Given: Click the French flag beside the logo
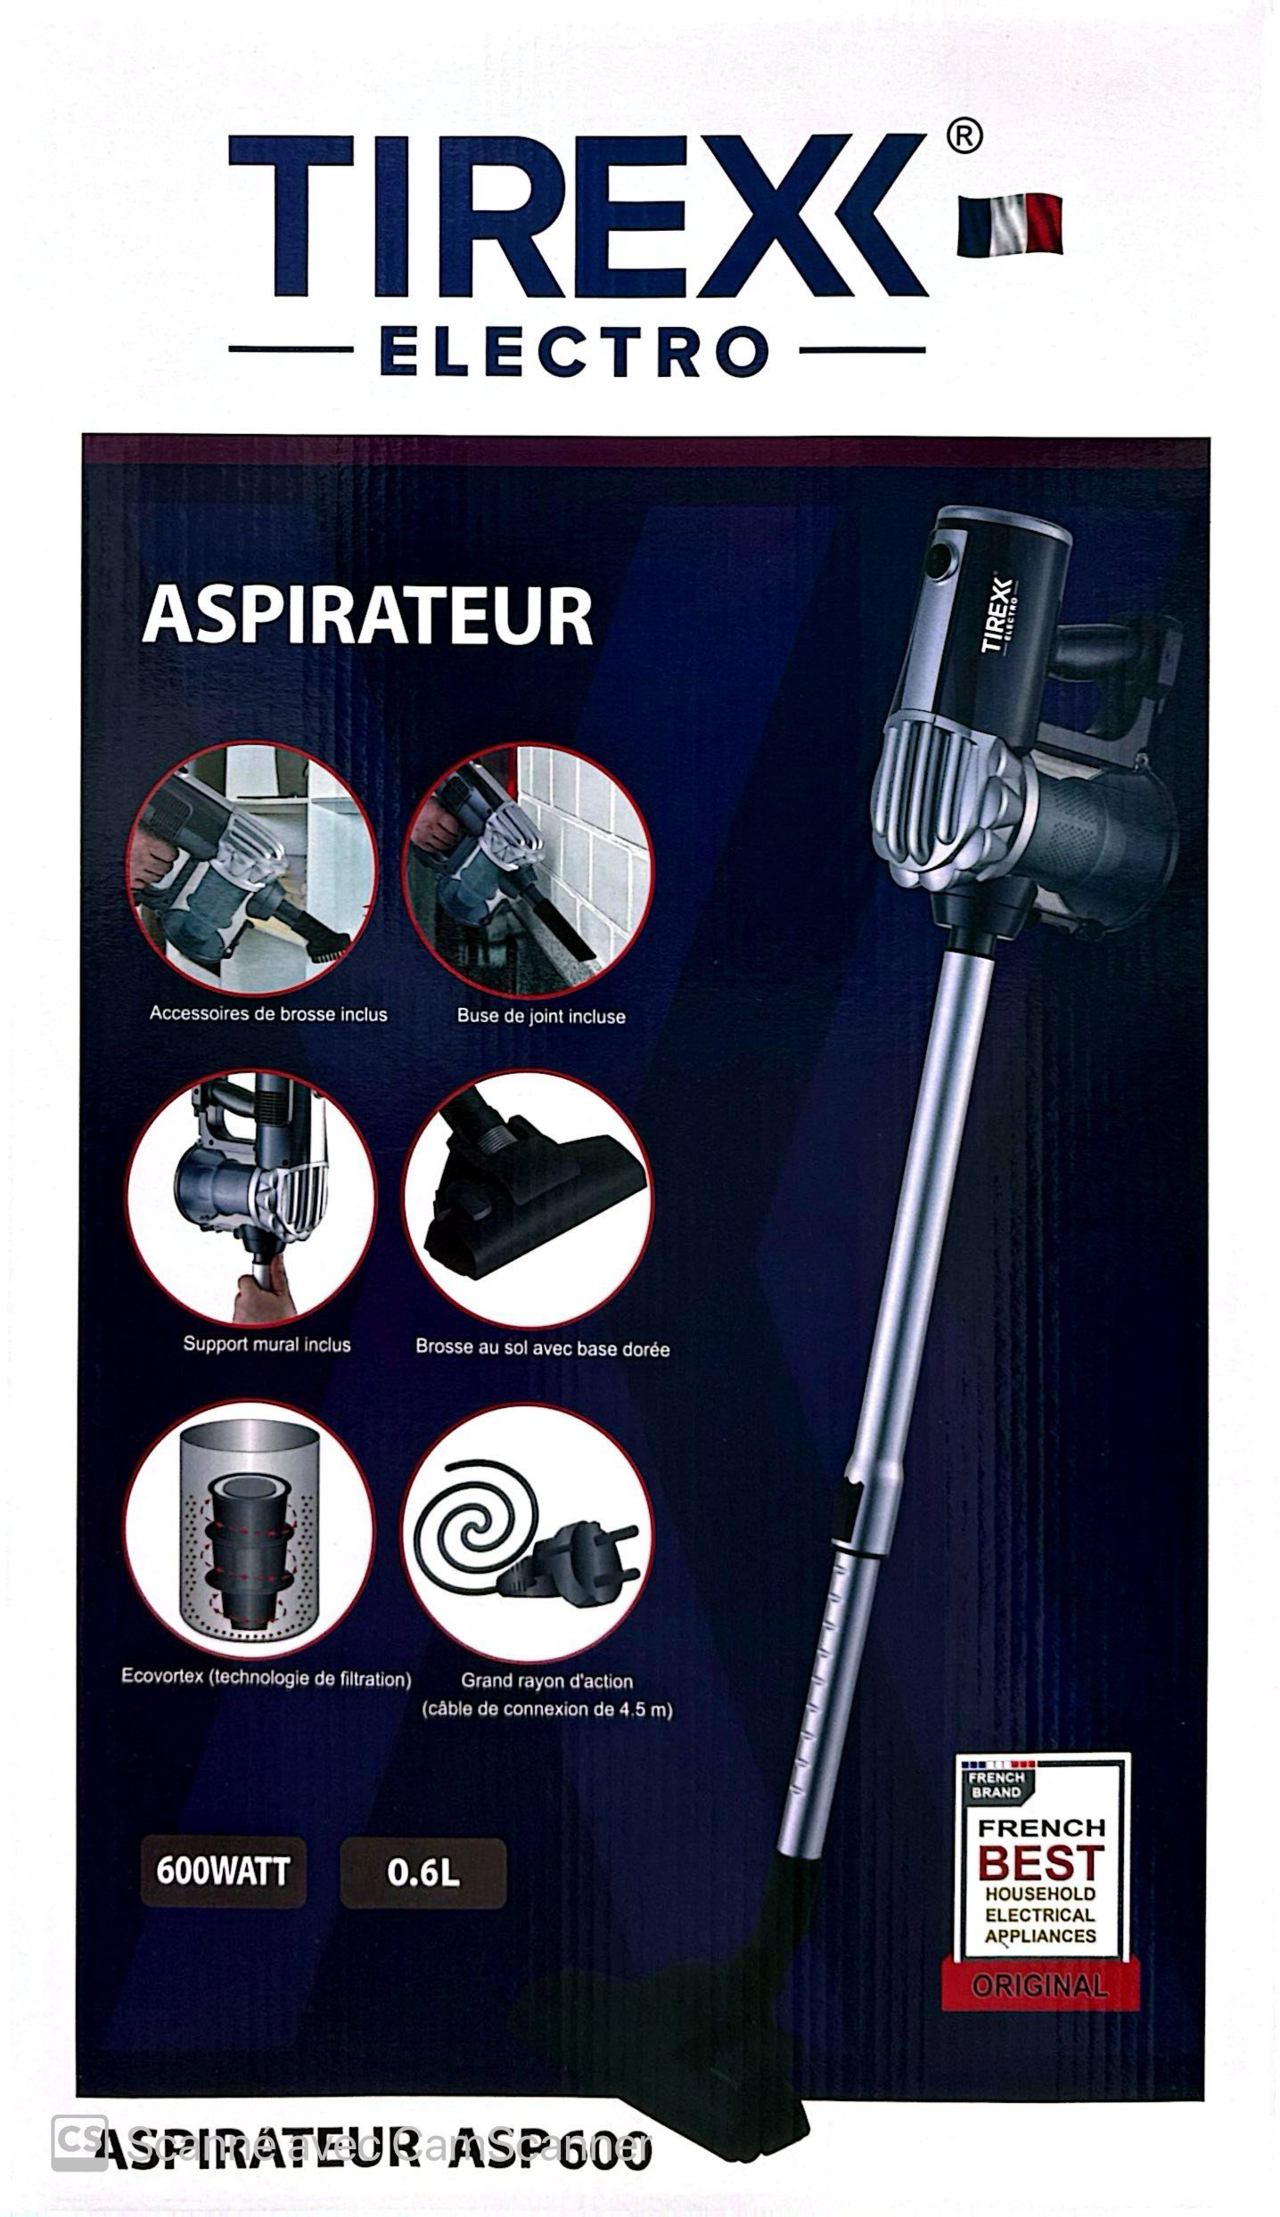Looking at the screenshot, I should [x=1010, y=224].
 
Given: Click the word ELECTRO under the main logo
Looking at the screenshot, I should [x=575, y=350].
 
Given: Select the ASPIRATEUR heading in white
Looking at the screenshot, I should [x=367, y=615].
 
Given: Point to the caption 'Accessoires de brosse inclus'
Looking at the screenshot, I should [x=268, y=1013].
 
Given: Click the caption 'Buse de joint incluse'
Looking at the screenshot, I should [x=541, y=1016].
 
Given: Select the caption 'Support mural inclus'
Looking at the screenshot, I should [x=267, y=1344].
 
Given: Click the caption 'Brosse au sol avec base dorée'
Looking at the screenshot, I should [x=542, y=1348].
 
